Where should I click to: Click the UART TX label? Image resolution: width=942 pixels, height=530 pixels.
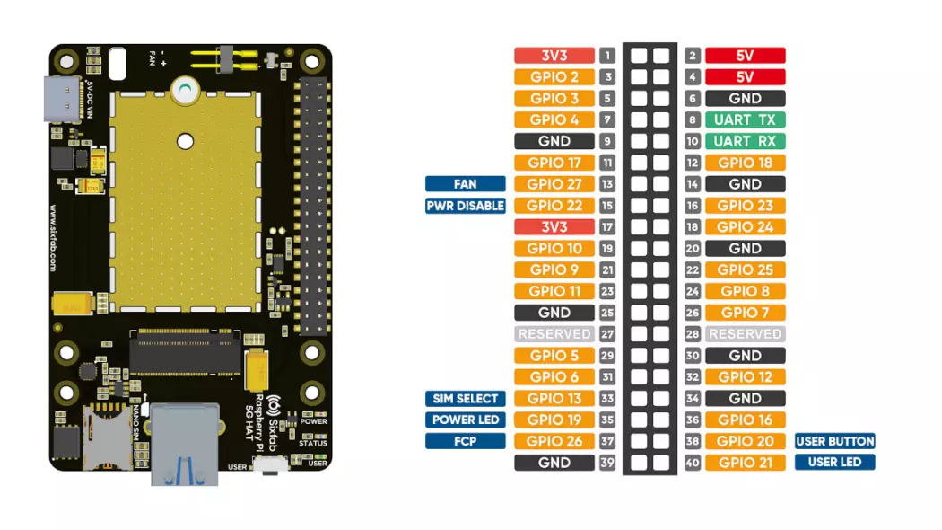(x=745, y=119)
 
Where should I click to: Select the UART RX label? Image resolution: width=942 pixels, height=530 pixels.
(x=745, y=141)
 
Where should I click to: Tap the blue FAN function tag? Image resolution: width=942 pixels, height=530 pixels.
(x=465, y=184)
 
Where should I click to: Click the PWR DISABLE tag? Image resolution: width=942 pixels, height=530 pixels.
(x=465, y=206)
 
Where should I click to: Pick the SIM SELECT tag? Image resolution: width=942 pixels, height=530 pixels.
(x=465, y=398)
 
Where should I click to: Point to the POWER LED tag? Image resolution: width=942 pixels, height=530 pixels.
(x=465, y=420)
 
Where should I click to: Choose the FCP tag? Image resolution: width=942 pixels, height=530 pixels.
(x=465, y=441)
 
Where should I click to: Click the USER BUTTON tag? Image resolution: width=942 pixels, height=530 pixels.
(x=834, y=441)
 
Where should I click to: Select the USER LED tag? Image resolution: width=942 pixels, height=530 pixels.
(x=834, y=463)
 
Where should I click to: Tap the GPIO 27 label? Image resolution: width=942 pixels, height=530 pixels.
(x=554, y=184)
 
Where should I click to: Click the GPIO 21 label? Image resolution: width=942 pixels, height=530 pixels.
(x=745, y=463)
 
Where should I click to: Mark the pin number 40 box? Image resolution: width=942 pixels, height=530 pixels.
(x=692, y=463)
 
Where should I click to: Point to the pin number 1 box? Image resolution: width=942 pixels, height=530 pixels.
(x=607, y=56)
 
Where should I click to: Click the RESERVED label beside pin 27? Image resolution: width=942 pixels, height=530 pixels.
(x=554, y=334)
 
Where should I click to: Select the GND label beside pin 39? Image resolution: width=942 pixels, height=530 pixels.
(x=554, y=463)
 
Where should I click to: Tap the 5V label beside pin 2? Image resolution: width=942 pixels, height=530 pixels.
(x=745, y=56)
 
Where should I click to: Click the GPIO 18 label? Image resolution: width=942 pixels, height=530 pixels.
(x=745, y=163)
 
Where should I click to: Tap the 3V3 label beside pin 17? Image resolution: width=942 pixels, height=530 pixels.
(x=554, y=227)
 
